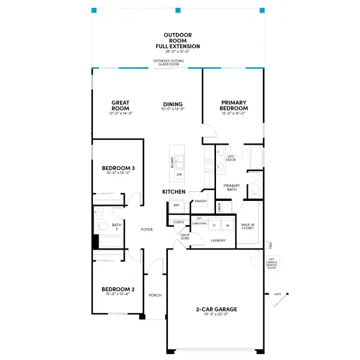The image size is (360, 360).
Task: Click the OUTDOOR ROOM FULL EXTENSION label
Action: (x=178, y=41)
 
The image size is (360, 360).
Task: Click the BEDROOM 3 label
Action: (x=118, y=168)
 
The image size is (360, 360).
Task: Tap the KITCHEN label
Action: (x=173, y=191)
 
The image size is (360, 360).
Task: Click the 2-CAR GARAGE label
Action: (x=217, y=310)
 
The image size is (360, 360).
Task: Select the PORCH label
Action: (x=155, y=295)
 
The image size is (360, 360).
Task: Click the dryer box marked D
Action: (x=214, y=225)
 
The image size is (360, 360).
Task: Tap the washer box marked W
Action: (x=228, y=225)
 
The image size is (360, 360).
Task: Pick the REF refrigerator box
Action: (x=176, y=205)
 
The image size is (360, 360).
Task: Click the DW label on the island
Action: (x=179, y=175)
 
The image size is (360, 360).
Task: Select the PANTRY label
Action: (x=200, y=202)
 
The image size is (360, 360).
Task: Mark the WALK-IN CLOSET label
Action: (x=248, y=227)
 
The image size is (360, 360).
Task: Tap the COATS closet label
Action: (x=178, y=222)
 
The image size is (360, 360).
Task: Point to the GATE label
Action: (x=277, y=295)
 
